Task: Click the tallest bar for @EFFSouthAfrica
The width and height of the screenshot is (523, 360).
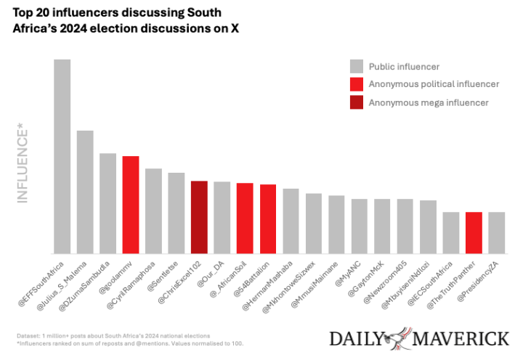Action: [62, 156]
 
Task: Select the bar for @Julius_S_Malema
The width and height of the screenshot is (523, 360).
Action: [85, 192]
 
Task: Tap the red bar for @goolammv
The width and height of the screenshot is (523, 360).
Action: [131, 205]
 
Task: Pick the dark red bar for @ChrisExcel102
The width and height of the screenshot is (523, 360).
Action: [199, 217]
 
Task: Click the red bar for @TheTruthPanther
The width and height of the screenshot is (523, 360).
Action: [474, 232]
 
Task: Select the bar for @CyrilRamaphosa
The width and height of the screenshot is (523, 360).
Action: [153, 210]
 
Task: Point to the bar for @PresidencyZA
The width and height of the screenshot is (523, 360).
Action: [496, 232]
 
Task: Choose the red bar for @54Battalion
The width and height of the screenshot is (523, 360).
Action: [268, 218]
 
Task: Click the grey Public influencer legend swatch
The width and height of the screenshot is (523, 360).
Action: [357, 66]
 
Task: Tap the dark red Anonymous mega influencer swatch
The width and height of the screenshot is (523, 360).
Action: [357, 102]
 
